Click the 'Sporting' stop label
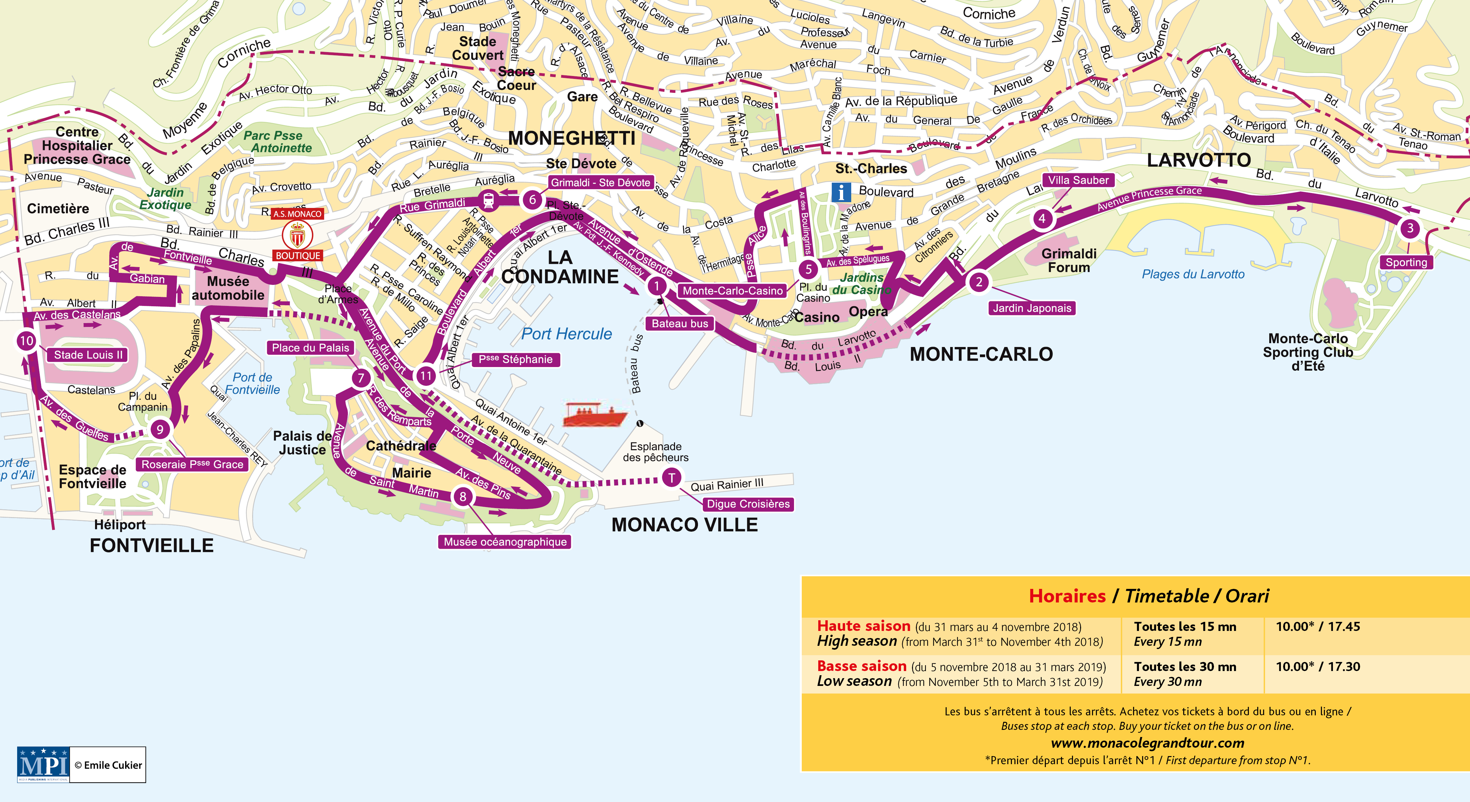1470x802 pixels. (x=1406, y=263)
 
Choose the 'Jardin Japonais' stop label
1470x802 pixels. (x=1032, y=308)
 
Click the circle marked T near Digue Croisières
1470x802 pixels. (x=672, y=478)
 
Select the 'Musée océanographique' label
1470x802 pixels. (x=505, y=542)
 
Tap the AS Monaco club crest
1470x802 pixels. (x=297, y=234)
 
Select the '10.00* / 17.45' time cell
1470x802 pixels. (x=1318, y=627)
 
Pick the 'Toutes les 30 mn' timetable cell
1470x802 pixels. (x=1185, y=667)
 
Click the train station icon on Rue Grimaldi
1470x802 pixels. (x=488, y=200)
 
